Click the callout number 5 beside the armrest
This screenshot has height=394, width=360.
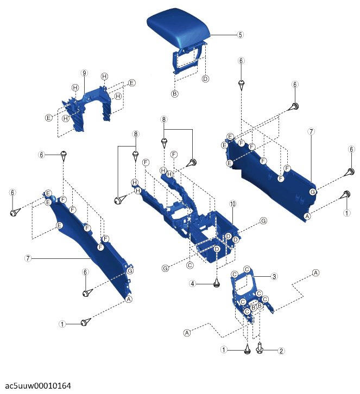pos(240,35)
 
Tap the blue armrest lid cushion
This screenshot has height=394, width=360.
pos(178,29)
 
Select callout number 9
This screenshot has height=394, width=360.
pos(84,73)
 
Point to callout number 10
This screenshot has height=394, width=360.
pos(233,204)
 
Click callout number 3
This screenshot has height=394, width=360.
pos(274,276)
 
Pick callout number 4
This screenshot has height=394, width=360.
pos(192,284)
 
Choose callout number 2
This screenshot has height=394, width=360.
pos(281,351)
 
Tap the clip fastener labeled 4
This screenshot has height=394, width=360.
pos(217,283)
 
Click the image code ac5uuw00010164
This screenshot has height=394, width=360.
pos(38,386)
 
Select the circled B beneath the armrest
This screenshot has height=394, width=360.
pos(175,94)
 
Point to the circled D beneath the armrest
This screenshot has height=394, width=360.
pos(205,79)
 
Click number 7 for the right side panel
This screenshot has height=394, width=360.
pos(311,131)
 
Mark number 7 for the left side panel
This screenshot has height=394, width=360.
pos(28,258)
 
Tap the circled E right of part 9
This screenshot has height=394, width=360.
pos(132,83)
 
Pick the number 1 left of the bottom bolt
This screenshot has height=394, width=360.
pos(224,349)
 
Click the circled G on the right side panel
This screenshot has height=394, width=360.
pos(312,192)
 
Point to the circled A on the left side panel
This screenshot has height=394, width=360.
pos(129,299)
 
